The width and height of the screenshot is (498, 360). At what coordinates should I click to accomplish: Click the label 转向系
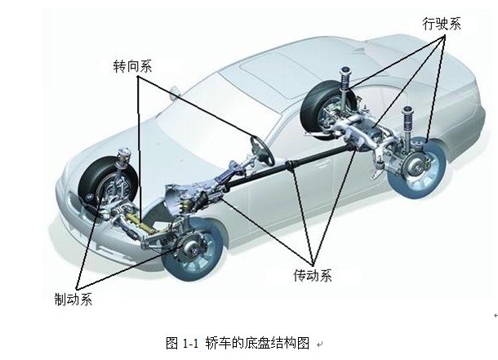tap(133, 66)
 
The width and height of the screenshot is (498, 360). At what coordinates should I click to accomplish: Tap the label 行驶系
tap(442, 23)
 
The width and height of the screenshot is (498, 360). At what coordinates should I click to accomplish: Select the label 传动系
tap(313, 274)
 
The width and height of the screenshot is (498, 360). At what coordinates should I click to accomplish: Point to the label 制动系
tap(73, 299)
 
